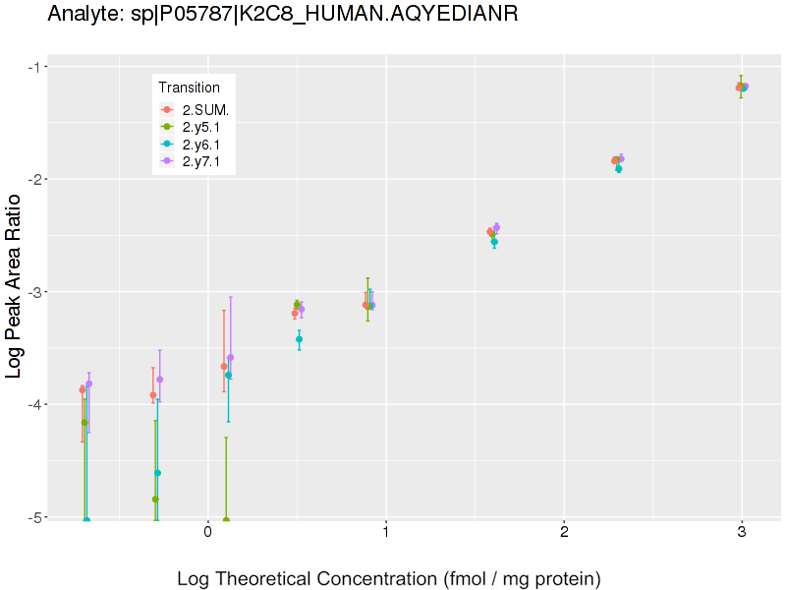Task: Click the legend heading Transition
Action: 189,88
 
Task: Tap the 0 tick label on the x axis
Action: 207,533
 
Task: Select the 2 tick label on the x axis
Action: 564,533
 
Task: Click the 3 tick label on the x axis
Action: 742,533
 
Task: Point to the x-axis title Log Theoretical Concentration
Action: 388,578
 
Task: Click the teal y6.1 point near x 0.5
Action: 300,339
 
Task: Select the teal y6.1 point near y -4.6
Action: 157,473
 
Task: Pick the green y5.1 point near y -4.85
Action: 155,500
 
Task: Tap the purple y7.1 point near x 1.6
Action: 497,227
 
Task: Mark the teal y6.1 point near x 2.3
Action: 618,169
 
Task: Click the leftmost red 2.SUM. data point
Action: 83,390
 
